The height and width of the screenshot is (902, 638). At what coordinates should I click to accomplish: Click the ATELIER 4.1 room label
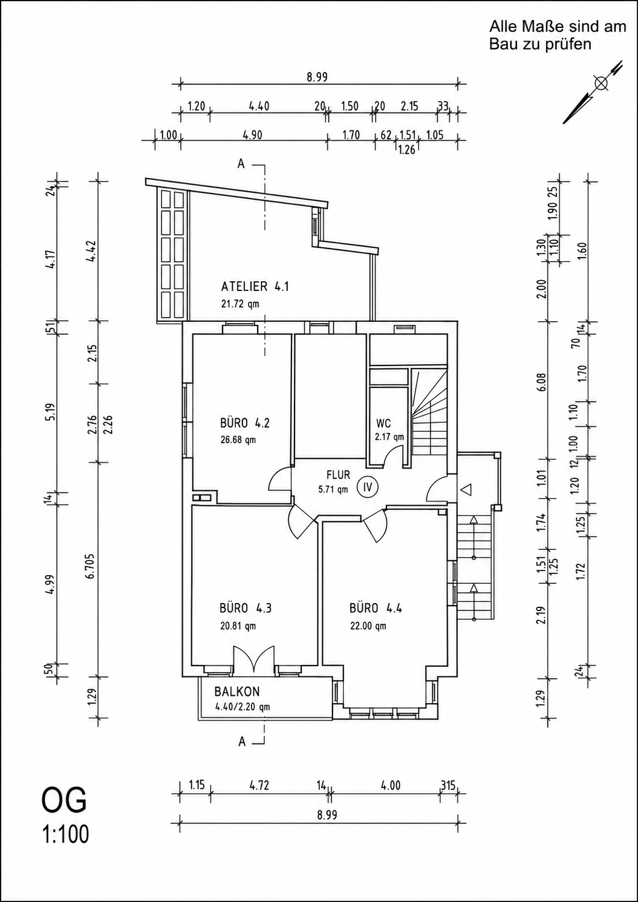255,287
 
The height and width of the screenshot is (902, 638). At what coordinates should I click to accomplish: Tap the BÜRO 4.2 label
245,423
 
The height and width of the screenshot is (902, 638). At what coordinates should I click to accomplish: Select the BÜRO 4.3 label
246,607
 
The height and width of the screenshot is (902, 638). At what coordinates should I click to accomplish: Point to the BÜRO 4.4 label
376,607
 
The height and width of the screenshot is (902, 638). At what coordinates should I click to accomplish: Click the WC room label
383,423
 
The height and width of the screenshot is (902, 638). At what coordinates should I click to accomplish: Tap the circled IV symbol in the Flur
367,487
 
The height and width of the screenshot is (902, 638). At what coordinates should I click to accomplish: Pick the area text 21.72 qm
240,304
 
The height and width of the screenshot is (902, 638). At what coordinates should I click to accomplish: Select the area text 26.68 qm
238,440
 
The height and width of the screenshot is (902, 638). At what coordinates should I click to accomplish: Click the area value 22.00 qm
368,626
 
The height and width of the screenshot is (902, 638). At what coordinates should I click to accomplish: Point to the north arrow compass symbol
593,92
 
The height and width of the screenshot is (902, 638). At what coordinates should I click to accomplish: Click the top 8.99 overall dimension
317,77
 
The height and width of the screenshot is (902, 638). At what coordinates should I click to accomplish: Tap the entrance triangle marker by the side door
466,489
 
